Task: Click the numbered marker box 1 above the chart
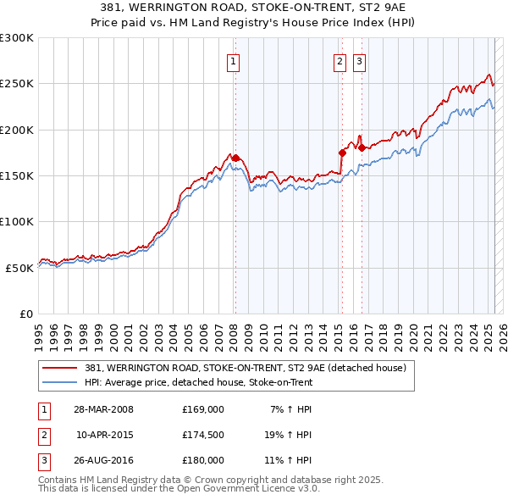coord(233,61)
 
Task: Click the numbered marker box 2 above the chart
coord(340,61)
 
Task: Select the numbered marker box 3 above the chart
coord(359,61)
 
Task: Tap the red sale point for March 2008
coord(235,158)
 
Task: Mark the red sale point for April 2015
coord(342,153)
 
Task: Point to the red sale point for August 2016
coord(362,147)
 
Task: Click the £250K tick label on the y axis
coord(17,84)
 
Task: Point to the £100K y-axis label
coord(17,221)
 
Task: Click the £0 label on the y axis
coord(25,314)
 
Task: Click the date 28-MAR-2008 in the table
coord(104,409)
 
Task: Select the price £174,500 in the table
coord(202,436)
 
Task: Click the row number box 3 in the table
coord(43,461)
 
